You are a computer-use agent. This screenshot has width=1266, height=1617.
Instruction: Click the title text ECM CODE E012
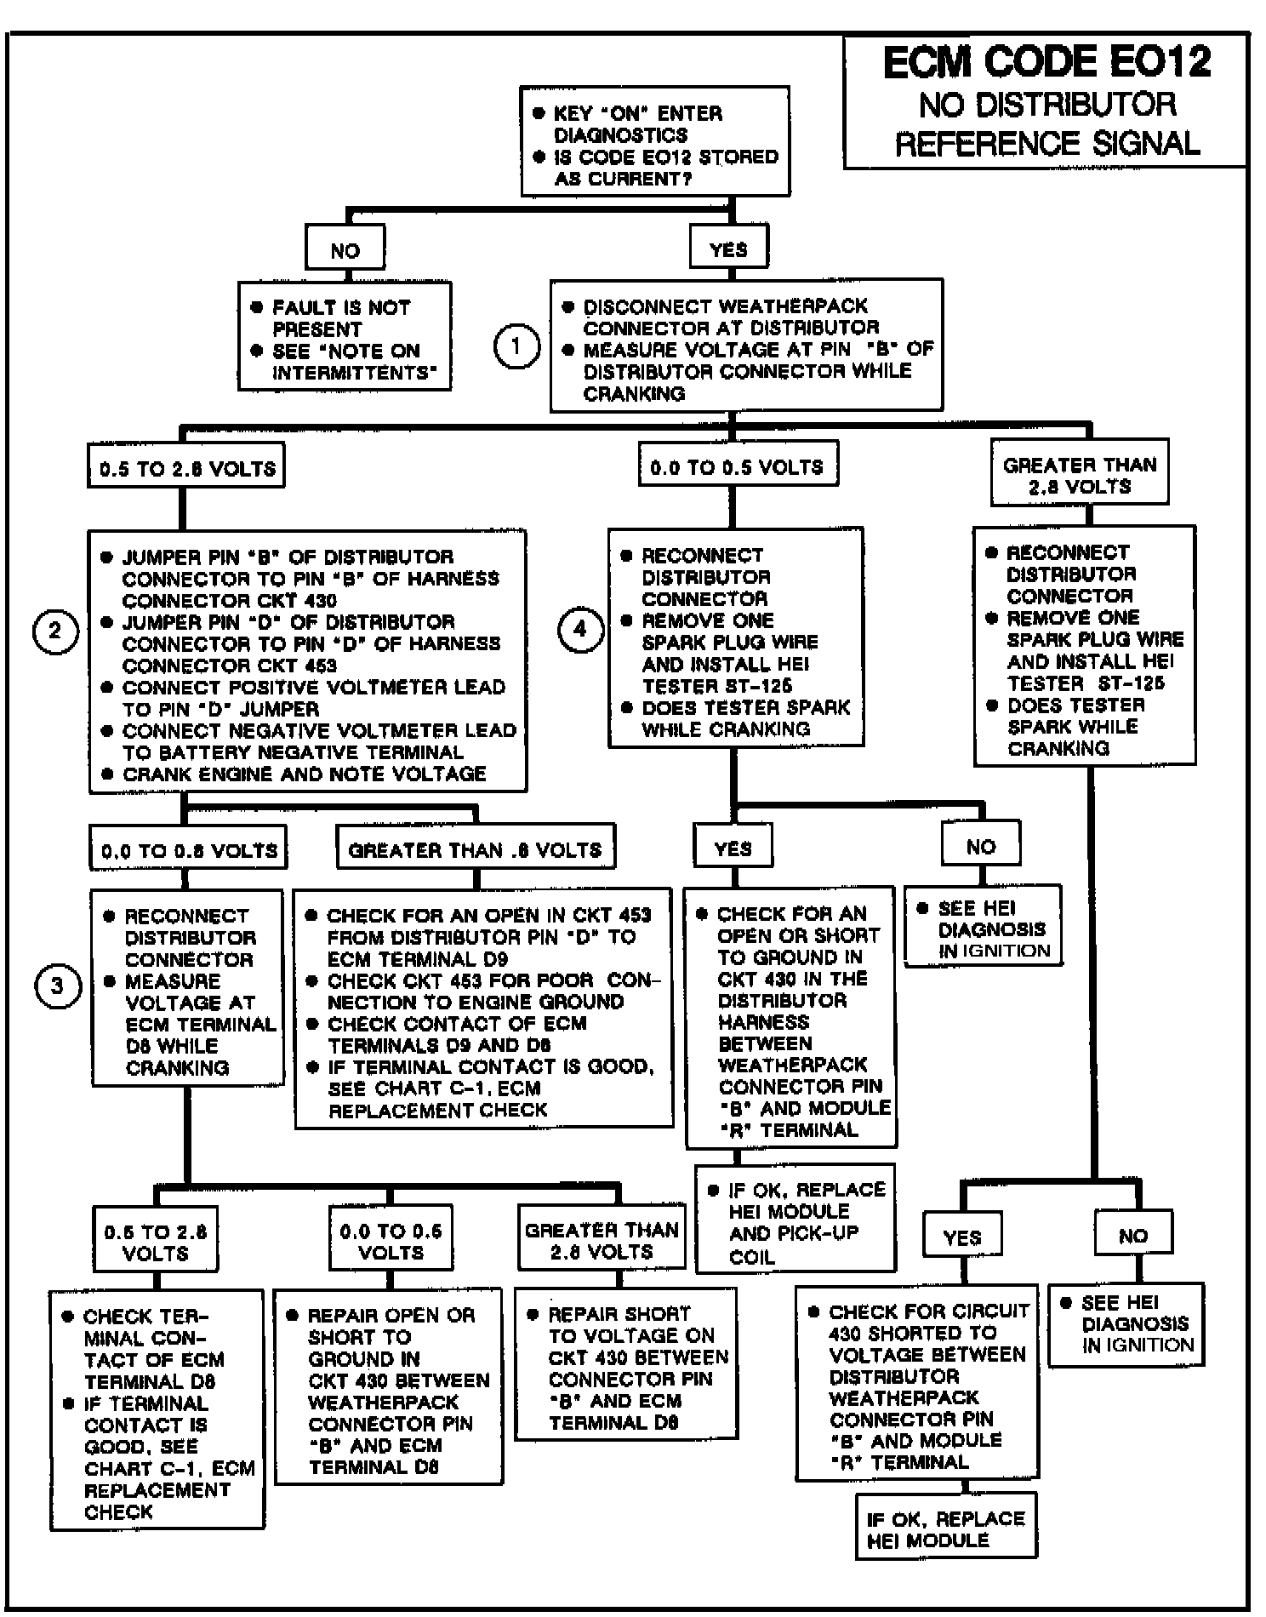pyautogui.click(x=1046, y=63)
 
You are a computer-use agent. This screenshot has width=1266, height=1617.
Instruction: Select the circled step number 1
pyautogui.click(x=516, y=347)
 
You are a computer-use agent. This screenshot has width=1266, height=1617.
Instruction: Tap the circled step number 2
pyautogui.click(x=55, y=631)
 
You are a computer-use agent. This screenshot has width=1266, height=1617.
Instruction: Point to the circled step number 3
pyautogui.click(x=57, y=986)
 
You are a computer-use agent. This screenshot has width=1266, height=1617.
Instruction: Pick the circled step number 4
pyautogui.click(x=580, y=630)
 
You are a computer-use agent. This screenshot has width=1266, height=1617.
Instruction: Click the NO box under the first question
pyautogui.click(x=345, y=250)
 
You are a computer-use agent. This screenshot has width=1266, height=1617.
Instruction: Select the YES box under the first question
pyautogui.click(x=729, y=249)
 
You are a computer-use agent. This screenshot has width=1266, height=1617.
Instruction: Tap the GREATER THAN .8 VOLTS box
pyautogui.click(x=475, y=849)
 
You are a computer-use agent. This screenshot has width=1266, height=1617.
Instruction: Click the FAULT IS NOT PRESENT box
pyautogui.click(x=345, y=338)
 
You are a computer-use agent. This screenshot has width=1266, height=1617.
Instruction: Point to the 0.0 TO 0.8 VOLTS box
pyautogui.click(x=188, y=850)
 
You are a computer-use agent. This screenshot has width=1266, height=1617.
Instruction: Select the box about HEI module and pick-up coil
pyautogui.click(x=796, y=1221)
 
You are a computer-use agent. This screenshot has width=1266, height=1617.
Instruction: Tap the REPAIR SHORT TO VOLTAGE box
pyautogui.click(x=626, y=1367)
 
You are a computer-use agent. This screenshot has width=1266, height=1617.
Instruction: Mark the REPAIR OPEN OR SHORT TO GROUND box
pyautogui.click(x=389, y=1390)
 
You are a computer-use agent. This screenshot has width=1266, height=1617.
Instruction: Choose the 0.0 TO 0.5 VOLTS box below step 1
pyautogui.click(x=737, y=466)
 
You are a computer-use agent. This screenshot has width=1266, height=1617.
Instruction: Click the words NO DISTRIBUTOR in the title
pyautogui.click(x=1046, y=106)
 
